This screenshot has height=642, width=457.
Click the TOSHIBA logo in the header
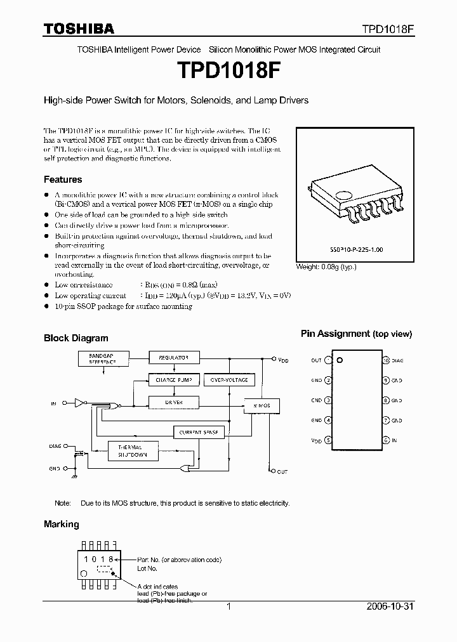(x=79, y=29)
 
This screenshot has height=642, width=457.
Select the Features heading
(x=63, y=180)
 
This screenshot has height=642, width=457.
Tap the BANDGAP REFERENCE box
(x=102, y=359)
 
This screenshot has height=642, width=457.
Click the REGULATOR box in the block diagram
(x=173, y=358)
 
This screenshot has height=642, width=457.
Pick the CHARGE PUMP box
(x=173, y=380)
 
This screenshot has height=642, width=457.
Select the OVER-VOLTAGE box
(x=229, y=380)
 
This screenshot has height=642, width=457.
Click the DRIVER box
(x=173, y=402)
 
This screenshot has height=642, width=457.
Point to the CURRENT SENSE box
(x=199, y=432)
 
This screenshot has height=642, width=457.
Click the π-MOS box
(x=261, y=404)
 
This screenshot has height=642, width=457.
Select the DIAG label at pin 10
(x=397, y=360)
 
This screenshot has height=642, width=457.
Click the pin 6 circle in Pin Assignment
(x=385, y=440)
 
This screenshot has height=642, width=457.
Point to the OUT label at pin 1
(x=316, y=360)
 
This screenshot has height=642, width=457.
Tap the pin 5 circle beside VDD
(x=328, y=440)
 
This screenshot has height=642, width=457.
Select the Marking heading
(x=62, y=524)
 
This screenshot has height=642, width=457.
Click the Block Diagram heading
(x=76, y=338)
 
